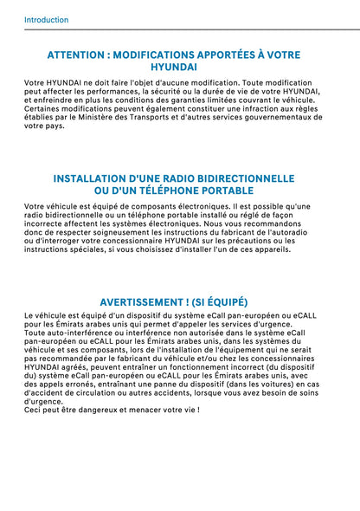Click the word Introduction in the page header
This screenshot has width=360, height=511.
click(x=47, y=19)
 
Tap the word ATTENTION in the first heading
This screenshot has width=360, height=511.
click(x=77, y=54)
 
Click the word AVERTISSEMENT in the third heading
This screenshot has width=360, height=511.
click(x=149, y=302)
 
